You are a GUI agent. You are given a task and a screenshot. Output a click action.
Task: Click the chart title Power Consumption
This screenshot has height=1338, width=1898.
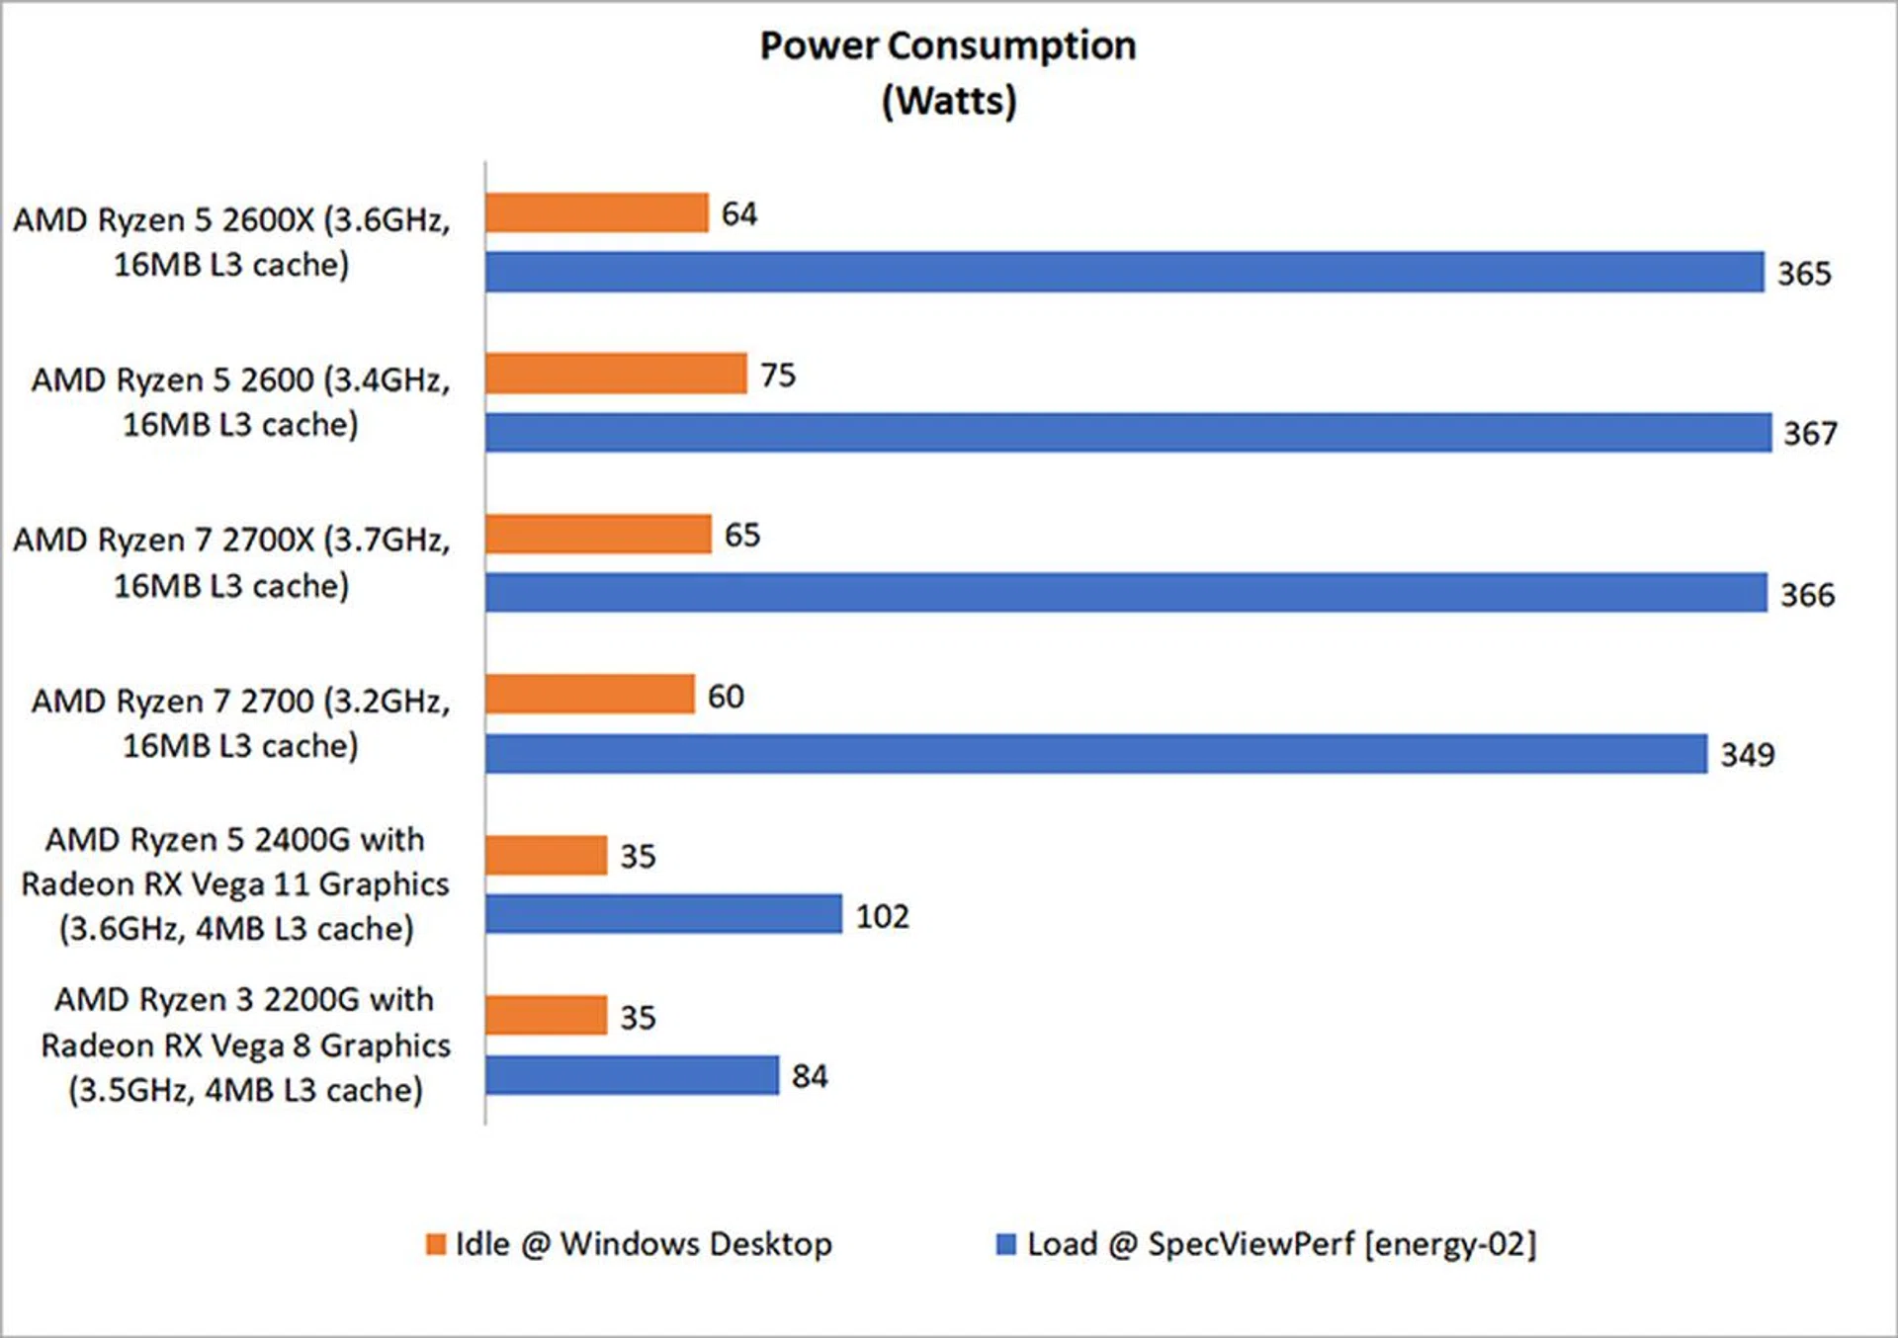point(947,45)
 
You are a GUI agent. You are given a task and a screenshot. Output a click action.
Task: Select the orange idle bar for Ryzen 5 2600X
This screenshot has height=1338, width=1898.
point(597,212)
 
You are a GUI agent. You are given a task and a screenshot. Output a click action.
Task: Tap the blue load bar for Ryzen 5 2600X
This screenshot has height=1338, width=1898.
point(1124,272)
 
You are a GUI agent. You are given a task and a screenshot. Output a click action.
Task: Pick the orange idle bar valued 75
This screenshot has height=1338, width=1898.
point(616,374)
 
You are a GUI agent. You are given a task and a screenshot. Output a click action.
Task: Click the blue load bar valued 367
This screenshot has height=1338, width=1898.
point(1128,433)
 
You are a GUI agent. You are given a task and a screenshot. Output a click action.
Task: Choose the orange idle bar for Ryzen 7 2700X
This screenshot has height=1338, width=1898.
point(598,534)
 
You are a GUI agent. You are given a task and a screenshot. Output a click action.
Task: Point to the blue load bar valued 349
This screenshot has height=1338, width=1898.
point(1095,754)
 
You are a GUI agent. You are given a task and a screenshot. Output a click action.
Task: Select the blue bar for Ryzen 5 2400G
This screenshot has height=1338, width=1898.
point(663,914)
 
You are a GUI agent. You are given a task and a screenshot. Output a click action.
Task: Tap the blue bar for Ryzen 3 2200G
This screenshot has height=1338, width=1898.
point(632,1075)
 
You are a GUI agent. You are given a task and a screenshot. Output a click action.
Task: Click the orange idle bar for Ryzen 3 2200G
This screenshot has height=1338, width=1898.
point(546,1015)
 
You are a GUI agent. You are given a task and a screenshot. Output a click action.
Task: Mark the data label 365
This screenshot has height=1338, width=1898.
point(1804,274)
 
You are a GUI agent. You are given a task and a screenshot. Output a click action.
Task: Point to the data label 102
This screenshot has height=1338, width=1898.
point(882,916)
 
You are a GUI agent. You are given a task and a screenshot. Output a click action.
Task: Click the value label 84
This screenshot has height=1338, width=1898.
point(810,1076)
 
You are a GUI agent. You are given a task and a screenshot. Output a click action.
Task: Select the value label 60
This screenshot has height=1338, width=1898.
point(726,697)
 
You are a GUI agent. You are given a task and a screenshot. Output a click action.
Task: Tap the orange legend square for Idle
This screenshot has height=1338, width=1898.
point(436,1244)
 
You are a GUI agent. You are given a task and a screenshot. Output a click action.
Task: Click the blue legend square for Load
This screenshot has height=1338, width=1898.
point(1006,1244)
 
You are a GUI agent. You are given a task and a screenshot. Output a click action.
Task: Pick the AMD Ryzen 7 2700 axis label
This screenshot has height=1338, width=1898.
point(240,722)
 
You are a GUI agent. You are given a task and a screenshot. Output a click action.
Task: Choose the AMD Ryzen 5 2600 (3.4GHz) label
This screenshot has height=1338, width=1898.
point(240,401)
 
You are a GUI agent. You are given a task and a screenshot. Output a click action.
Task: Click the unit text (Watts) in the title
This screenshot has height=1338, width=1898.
point(949,101)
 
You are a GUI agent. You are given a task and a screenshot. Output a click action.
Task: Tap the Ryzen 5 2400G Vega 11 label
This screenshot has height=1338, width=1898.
point(235,883)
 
